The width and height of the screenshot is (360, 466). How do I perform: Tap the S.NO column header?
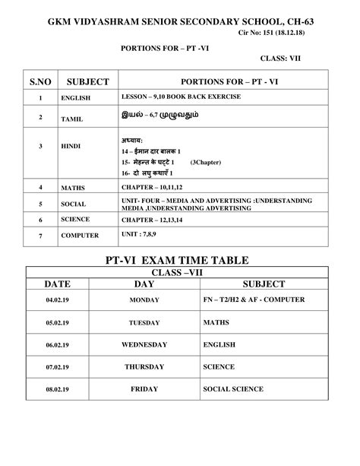pyautogui.click(x=39, y=81)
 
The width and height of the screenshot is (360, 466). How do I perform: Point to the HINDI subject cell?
pyautogui.click(x=71, y=145)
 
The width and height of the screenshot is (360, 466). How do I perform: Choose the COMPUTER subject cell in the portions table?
pyautogui.click(x=80, y=236)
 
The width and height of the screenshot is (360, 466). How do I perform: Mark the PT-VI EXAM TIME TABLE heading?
pyautogui.click(x=179, y=261)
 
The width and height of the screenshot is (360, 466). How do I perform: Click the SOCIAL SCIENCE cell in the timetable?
pyautogui.click(x=233, y=388)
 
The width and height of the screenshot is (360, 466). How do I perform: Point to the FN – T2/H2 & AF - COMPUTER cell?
pyautogui.click(x=254, y=300)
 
